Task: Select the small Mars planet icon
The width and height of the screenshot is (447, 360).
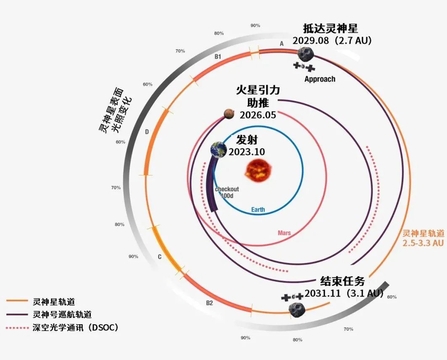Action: (229, 114)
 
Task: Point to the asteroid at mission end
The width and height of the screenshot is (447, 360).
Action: (297, 309)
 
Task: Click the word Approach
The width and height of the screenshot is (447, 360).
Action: (320, 79)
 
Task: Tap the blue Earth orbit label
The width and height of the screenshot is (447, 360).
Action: (258, 209)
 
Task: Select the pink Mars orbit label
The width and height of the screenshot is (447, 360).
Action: (284, 233)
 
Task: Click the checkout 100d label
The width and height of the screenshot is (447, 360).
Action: (227, 192)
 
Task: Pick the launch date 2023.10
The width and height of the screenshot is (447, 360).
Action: (246, 152)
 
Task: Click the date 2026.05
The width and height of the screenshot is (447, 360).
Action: (258, 115)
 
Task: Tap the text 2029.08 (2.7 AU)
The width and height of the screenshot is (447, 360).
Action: (332, 41)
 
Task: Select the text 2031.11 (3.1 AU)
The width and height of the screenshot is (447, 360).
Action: (344, 293)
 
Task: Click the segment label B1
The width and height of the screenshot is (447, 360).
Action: (218, 56)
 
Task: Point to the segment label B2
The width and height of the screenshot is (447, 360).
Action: (209, 303)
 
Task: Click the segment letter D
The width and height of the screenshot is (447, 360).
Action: (147, 132)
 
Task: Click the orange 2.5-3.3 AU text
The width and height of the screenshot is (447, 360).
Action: (423, 243)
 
